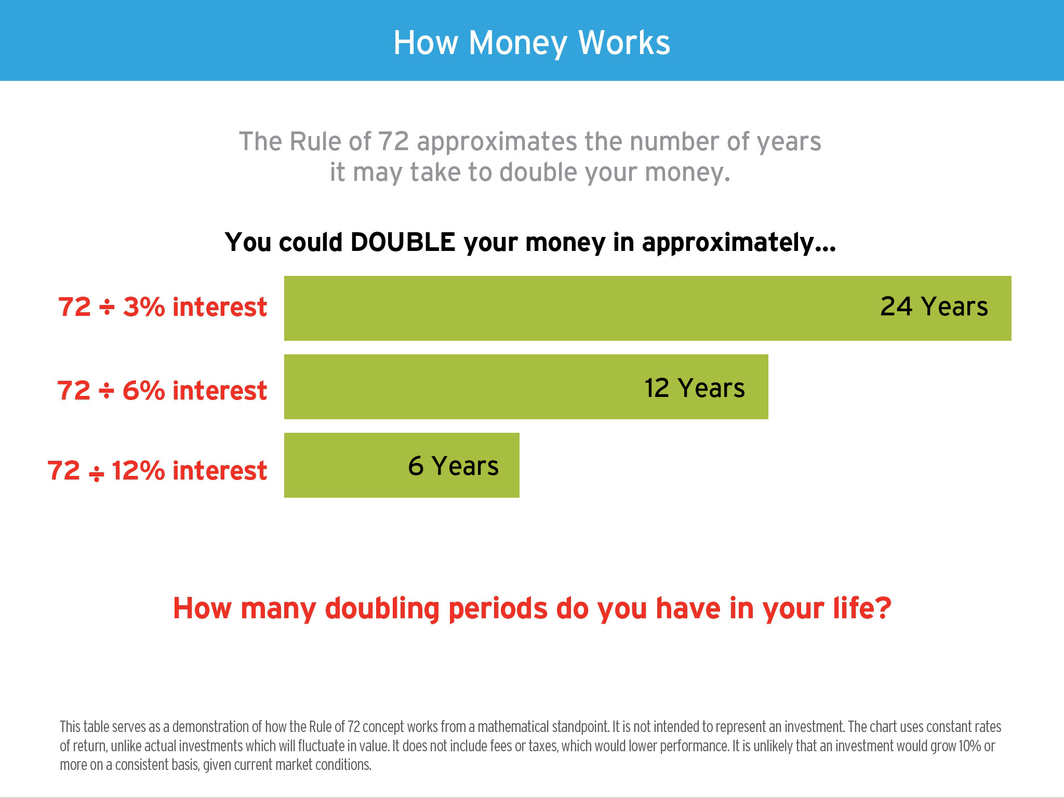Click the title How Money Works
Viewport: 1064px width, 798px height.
531,43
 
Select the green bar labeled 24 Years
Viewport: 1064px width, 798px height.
647,308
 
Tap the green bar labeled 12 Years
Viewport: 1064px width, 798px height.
526,387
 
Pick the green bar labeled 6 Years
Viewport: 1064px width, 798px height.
402,465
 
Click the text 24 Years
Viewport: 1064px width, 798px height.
934,307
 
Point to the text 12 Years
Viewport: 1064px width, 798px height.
695,388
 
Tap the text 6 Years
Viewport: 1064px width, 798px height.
453,466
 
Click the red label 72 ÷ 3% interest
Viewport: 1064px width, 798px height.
163,307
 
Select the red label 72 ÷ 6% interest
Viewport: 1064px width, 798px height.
162,390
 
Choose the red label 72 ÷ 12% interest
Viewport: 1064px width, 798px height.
157,470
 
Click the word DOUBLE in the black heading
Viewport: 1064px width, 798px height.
403,242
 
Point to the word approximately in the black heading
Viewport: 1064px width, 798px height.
739,243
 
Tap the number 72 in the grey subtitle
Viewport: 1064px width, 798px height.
393,141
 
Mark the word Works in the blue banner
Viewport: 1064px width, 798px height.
624,43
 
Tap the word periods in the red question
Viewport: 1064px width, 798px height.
498,608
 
